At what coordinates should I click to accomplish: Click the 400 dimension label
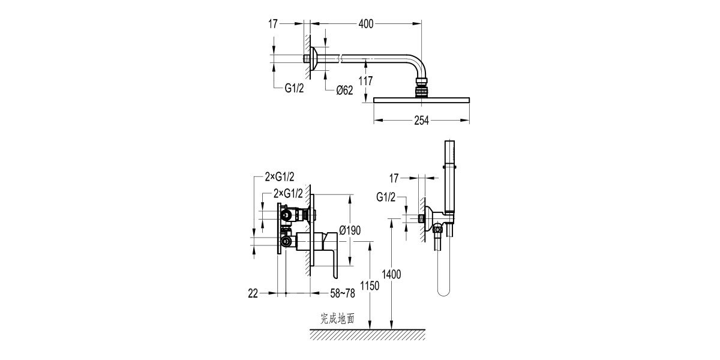point(366,24)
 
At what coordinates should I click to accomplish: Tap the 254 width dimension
point(421,121)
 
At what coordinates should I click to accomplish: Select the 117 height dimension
point(366,81)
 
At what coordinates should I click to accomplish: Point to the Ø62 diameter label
point(344,91)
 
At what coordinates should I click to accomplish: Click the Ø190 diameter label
point(350,230)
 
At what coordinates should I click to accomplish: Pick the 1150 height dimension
point(370,286)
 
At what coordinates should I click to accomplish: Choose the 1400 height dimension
point(391,275)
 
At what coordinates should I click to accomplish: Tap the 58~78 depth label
point(343,293)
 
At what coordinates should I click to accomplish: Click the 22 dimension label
point(253,293)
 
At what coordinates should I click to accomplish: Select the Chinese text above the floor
point(337,319)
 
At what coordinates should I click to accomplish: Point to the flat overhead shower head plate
point(421,100)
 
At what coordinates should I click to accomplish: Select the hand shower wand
point(449,176)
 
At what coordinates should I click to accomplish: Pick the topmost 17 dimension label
point(273,24)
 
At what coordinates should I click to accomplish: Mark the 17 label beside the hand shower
point(394,178)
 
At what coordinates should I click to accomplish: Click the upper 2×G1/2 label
point(280,177)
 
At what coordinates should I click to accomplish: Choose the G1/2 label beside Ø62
point(294,88)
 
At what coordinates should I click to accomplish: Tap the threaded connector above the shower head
point(421,88)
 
